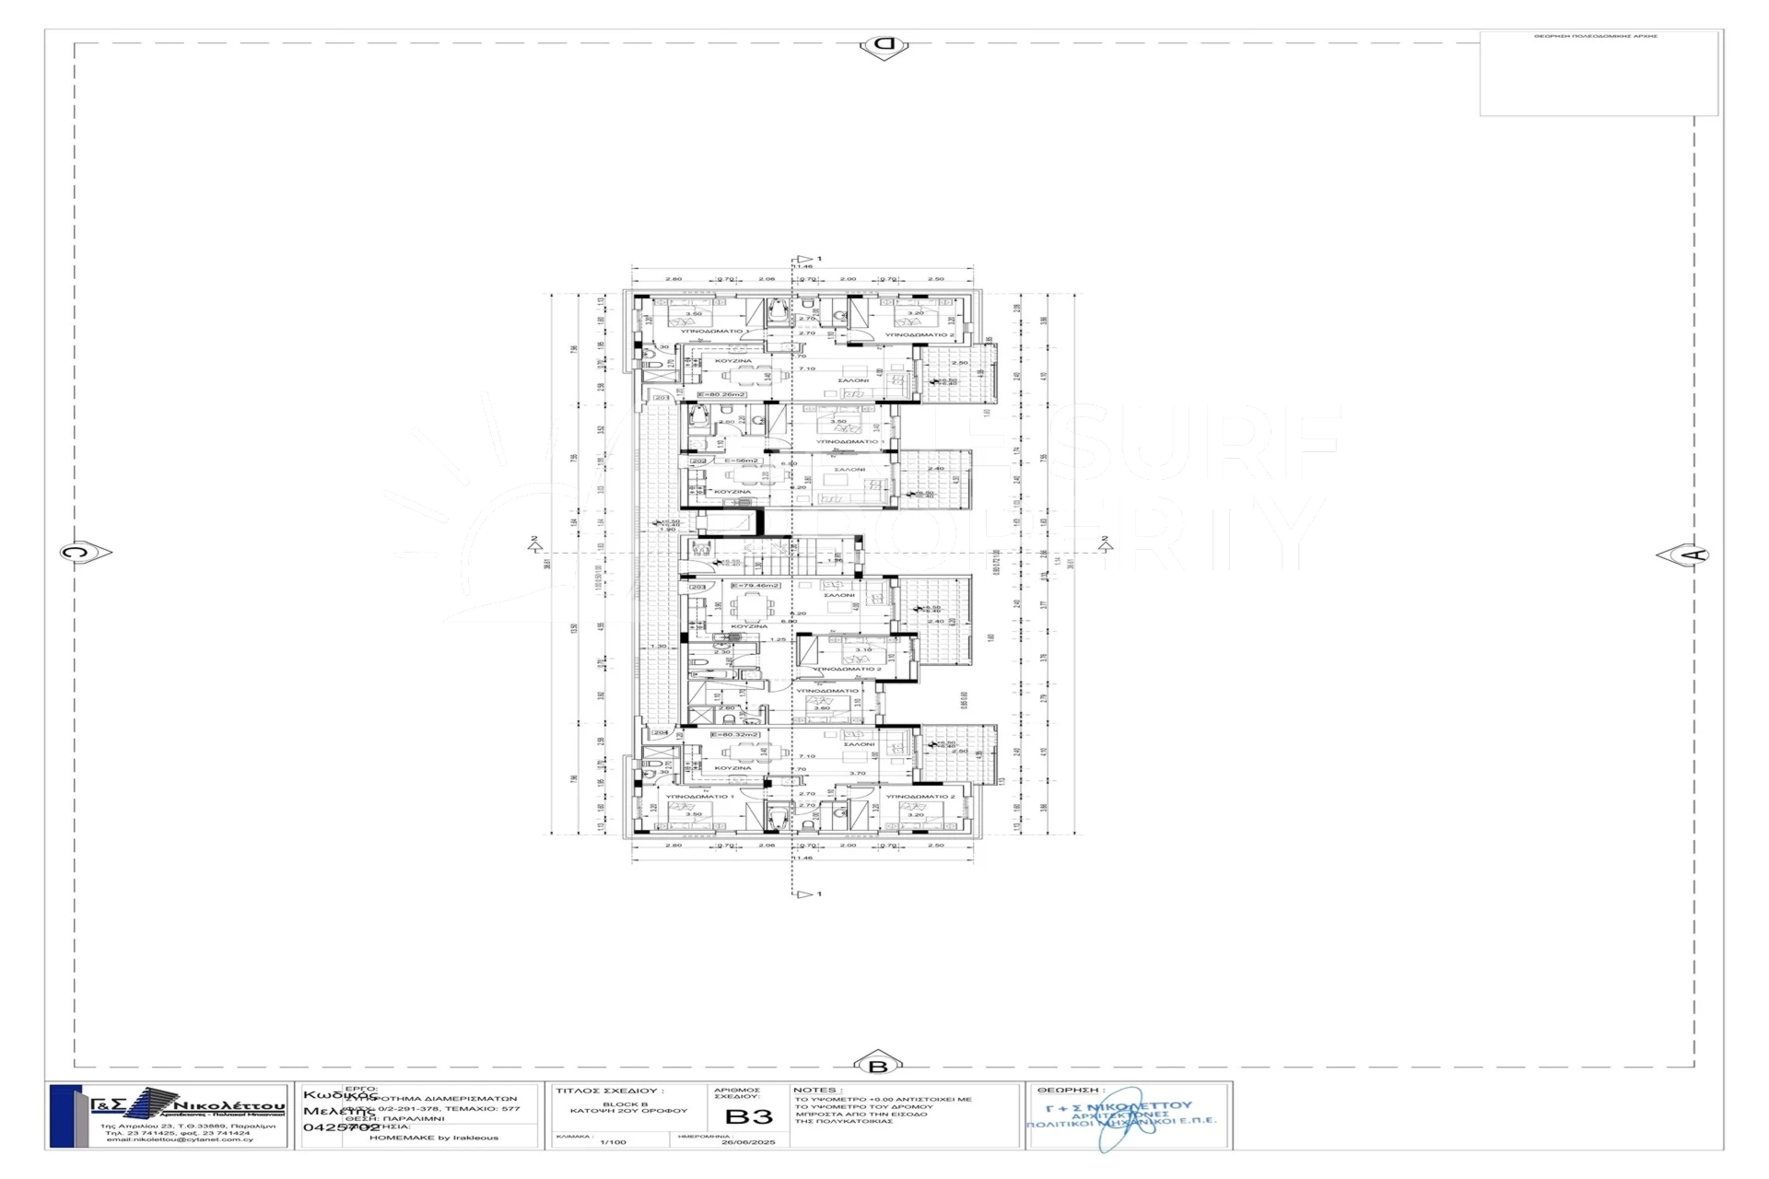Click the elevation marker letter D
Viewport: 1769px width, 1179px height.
tap(884, 44)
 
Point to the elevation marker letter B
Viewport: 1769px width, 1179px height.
tap(877, 1066)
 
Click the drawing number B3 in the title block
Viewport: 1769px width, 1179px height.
tap(749, 1117)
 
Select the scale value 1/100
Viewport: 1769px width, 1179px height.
tap(613, 1142)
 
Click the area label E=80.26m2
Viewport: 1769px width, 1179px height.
tap(721, 394)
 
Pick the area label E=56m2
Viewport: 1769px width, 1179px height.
tap(740, 461)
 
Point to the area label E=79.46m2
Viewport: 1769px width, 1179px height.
tap(755, 586)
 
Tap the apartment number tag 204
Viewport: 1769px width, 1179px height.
tap(660, 733)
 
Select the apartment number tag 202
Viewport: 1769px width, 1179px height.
tap(698, 461)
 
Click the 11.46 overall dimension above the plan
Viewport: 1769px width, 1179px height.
tap(804, 267)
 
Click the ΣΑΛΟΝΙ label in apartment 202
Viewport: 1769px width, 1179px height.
tap(849, 470)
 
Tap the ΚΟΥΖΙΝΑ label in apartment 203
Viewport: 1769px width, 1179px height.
tap(748, 625)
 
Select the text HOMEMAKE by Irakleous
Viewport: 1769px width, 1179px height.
tap(433, 1138)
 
